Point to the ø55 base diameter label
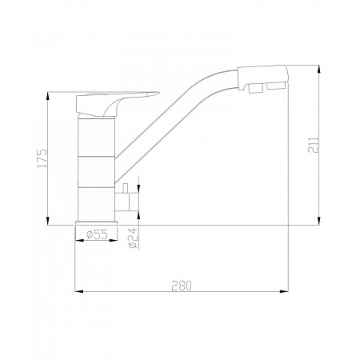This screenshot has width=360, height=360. (x=97, y=234)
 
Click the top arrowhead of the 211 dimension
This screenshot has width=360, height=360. (x=320, y=67)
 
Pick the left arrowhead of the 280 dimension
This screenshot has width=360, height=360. (x=78, y=291)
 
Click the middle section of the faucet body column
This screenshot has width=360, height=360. (x=97, y=172)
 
